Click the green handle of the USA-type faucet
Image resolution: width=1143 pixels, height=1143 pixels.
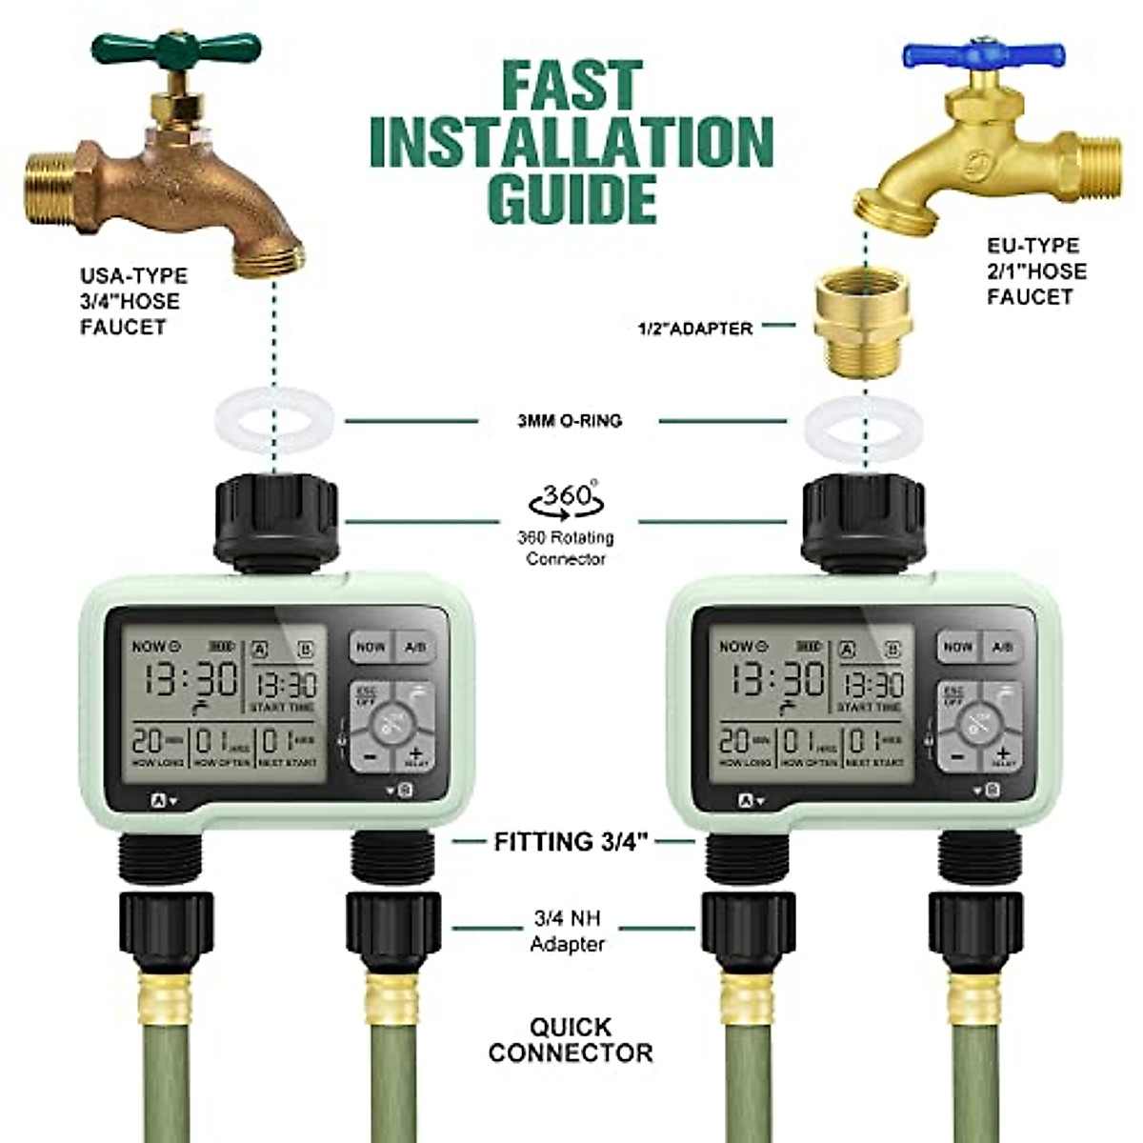(175, 47)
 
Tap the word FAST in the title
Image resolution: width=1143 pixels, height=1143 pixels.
(571, 86)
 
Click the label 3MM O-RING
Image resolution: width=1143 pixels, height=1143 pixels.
(569, 420)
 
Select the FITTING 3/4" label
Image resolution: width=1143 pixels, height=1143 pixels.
(571, 842)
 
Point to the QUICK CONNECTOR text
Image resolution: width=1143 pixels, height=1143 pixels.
(571, 1040)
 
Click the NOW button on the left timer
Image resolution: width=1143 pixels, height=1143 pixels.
(370, 648)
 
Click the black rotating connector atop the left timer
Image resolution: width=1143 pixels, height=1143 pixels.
(276, 520)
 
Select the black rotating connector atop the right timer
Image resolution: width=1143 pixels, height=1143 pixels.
(863, 520)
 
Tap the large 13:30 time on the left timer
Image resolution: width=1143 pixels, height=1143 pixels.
(191, 679)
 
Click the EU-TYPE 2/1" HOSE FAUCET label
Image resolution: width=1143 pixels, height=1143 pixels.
(1035, 271)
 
